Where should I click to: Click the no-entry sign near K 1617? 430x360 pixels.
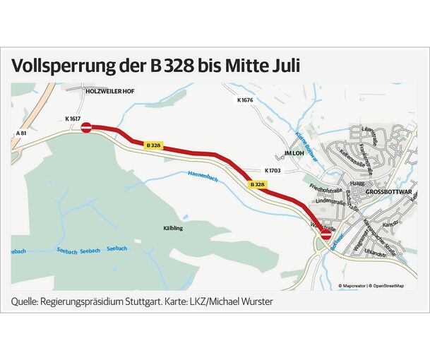pyautogui.click(x=86, y=127)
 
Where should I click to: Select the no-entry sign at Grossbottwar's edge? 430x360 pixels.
pyautogui.click(x=326, y=236)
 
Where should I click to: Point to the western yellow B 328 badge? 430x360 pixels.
pyautogui.click(x=153, y=145)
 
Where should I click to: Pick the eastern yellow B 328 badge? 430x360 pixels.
pyautogui.click(x=257, y=184)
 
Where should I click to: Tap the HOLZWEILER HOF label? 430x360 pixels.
pyautogui.click(x=109, y=91)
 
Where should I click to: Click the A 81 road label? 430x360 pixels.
pyautogui.click(x=21, y=133)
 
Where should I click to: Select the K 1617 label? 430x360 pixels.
pyautogui.click(x=72, y=119)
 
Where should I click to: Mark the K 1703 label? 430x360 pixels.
pyautogui.click(x=273, y=170)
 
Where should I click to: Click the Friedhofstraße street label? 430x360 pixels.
pyautogui.click(x=326, y=191)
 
